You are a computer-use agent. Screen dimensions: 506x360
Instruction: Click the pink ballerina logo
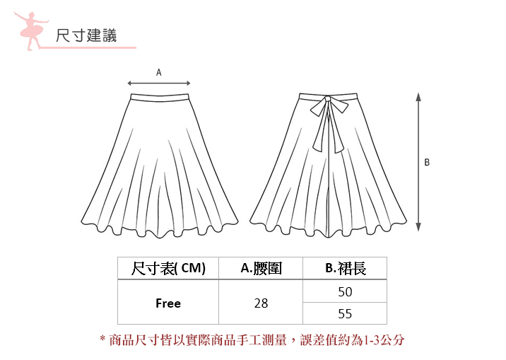(29, 30)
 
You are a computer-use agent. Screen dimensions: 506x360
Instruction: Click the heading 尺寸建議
(86, 35)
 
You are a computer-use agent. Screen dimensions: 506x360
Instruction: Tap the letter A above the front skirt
(159, 72)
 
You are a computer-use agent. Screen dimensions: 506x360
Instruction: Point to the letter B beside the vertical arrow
(427, 163)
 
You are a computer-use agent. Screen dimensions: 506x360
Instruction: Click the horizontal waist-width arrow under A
(159, 82)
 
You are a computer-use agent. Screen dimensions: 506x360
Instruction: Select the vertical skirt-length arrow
(418, 162)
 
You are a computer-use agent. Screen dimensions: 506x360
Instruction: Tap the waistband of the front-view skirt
(160, 95)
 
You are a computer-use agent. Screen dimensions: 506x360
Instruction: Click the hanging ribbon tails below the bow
(326, 134)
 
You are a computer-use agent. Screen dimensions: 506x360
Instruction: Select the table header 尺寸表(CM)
(168, 268)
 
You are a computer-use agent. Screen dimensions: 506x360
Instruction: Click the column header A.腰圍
(261, 268)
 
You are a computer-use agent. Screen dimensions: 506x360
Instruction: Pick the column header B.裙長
(345, 268)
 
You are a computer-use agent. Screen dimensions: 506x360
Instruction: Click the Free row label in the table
(168, 303)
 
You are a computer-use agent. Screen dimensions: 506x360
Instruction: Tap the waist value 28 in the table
(261, 303)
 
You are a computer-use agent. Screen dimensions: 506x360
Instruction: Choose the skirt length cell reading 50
(345, 291)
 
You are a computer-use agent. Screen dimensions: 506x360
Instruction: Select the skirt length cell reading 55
(345, 313)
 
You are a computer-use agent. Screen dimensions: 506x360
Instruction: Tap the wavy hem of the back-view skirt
(329, 228)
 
